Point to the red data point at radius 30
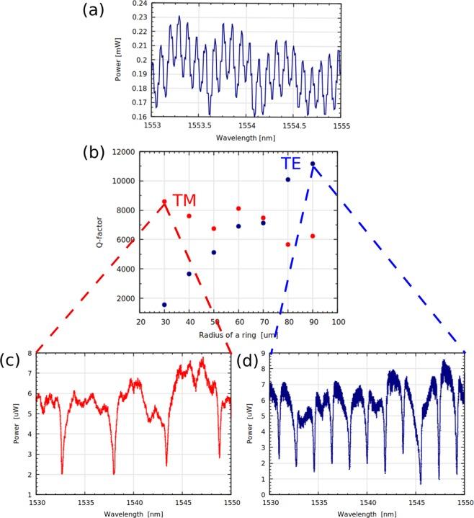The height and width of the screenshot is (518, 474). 164,202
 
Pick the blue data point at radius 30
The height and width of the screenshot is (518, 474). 164,305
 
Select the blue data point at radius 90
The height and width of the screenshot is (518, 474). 313,164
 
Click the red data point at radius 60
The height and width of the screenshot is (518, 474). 238,209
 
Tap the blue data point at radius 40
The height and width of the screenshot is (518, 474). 189,274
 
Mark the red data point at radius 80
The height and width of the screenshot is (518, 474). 288,244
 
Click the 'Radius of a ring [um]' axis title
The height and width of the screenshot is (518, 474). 237,335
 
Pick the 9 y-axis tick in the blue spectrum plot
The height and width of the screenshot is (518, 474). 266,353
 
